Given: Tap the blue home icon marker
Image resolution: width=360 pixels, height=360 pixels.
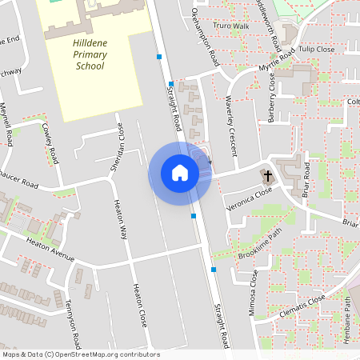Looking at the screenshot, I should (180, 172).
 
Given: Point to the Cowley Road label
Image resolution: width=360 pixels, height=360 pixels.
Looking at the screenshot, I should (50, 143).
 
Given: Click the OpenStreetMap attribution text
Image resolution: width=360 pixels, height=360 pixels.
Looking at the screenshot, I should (80, 354).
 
